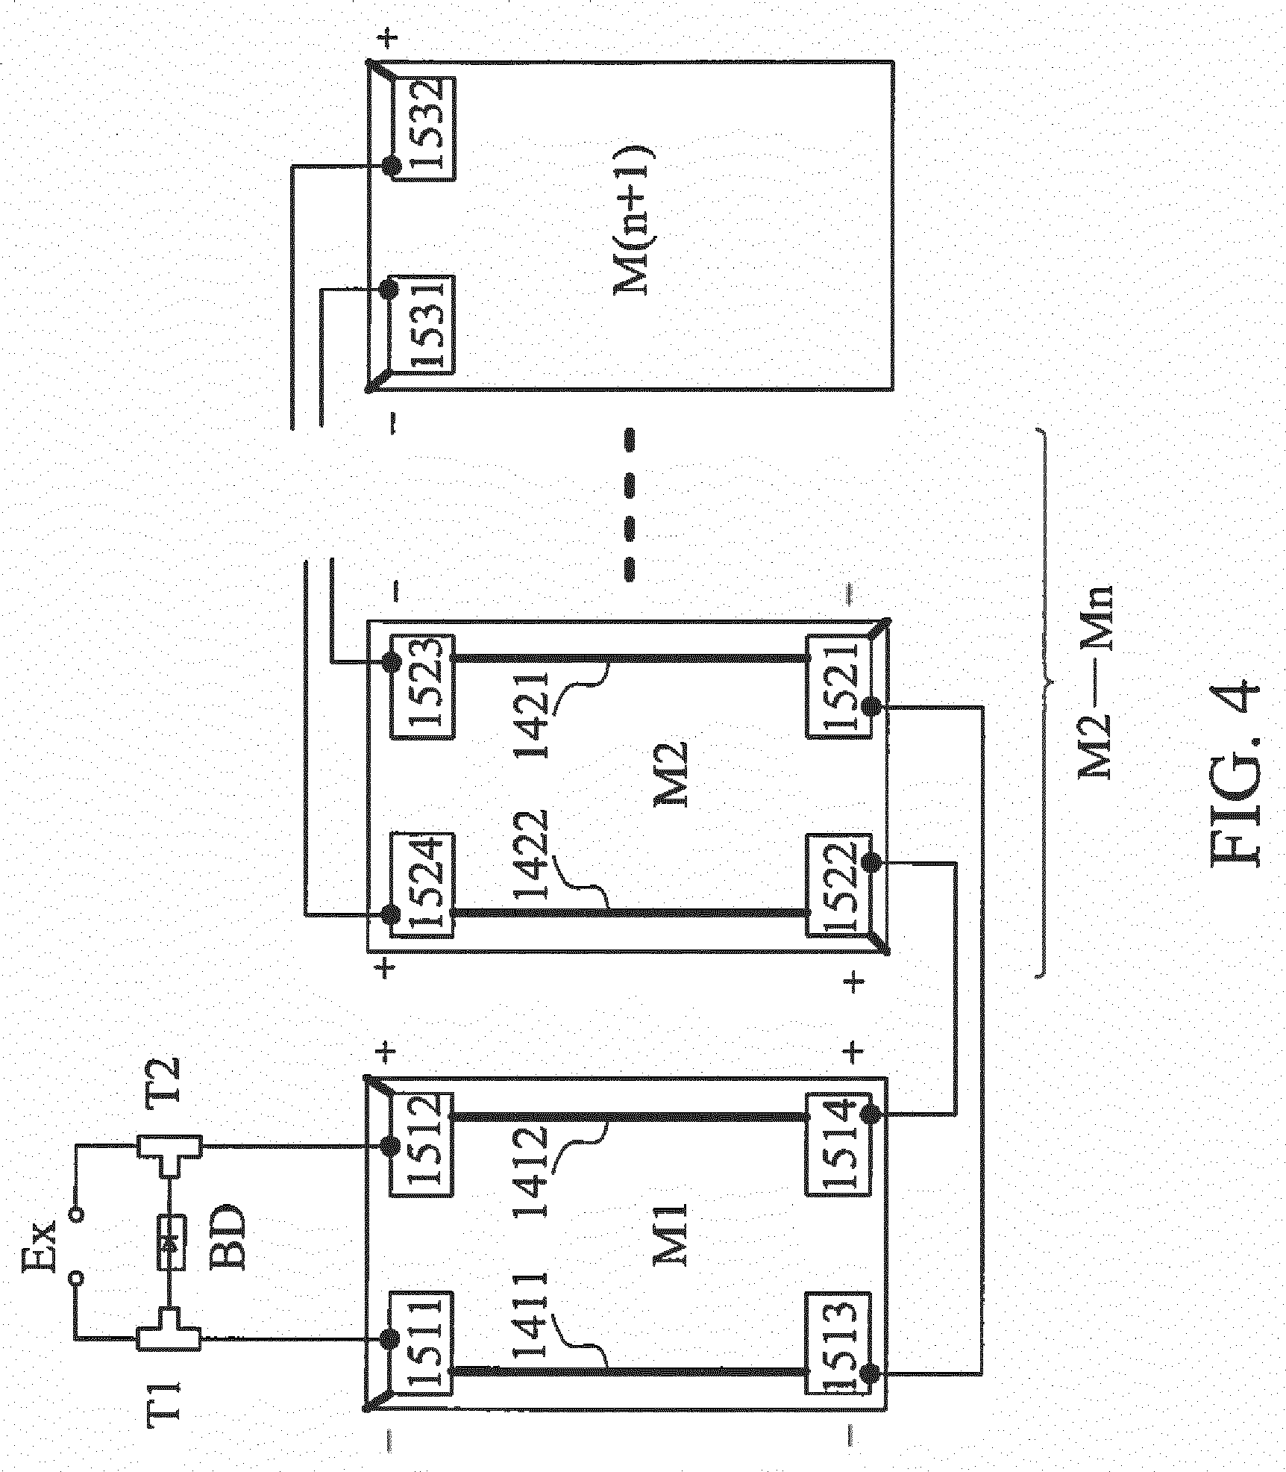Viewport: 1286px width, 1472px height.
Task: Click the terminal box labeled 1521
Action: coord(839,696)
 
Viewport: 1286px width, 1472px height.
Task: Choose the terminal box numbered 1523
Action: coord(422,696)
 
